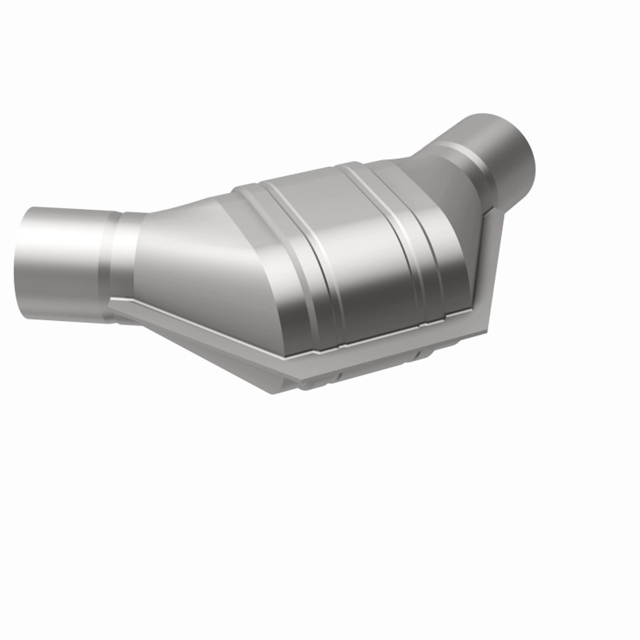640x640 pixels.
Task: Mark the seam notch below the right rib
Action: point(423,325)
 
